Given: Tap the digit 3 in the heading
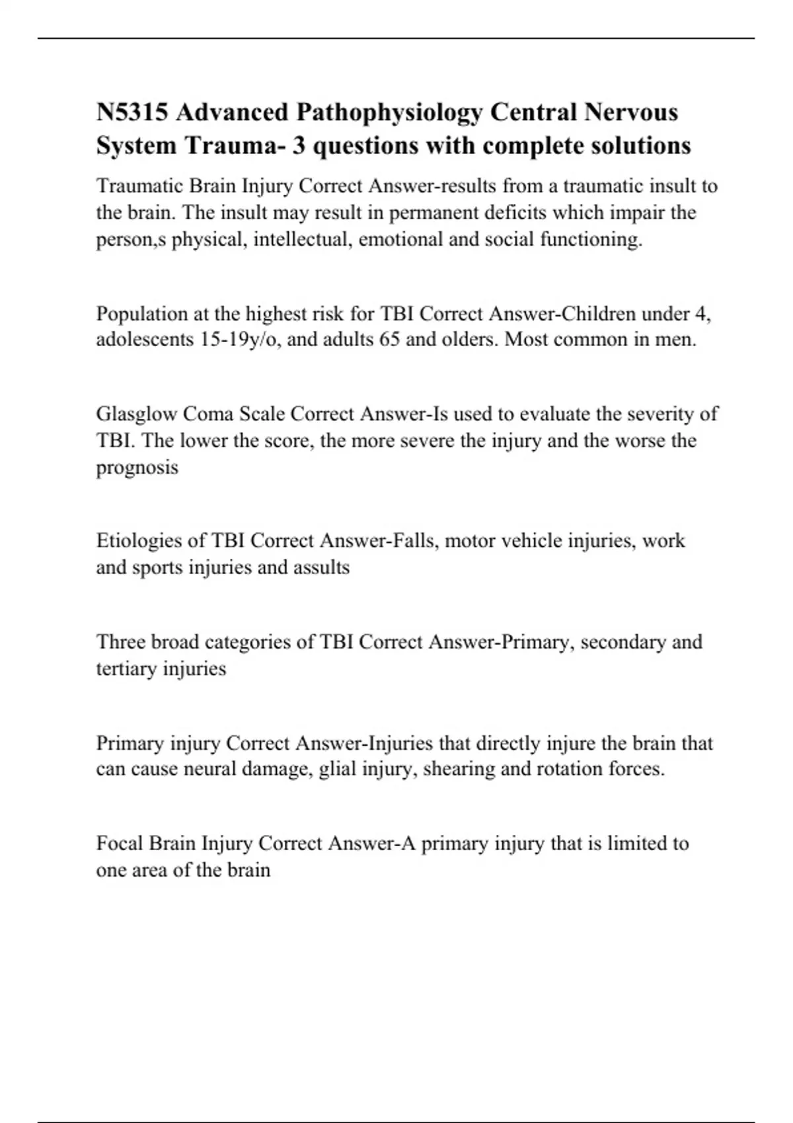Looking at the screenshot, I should (x=299, y=145).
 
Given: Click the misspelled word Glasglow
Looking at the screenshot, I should (x=136, y=414).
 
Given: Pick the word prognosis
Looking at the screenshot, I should (x=137, y=468).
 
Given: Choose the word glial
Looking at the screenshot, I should (x=336, y=770).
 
